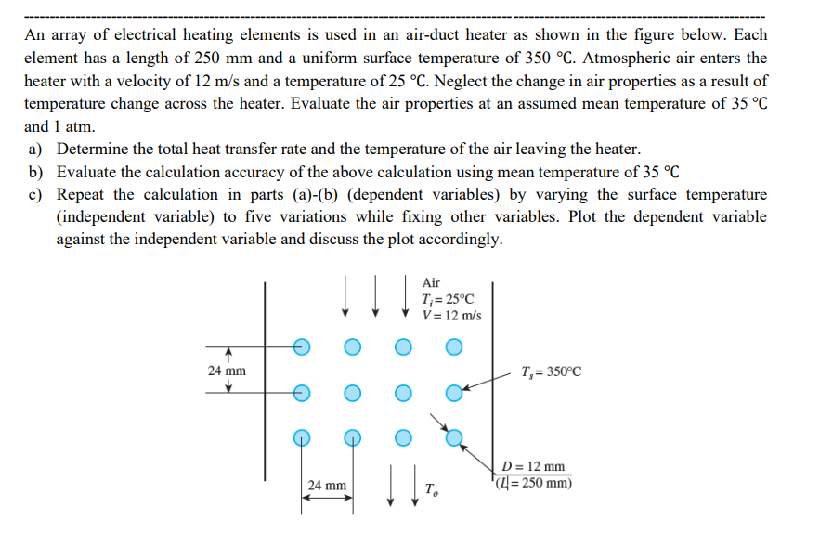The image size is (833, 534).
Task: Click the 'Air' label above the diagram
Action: pyautogui.click(x=431, y=282)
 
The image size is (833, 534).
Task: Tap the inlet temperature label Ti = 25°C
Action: pyautogui.click(x=448, y=299)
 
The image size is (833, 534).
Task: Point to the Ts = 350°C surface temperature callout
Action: pyautogui.click(x=553, y=372)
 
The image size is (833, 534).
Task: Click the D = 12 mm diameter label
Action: pyautogui.click(x=532, y=466)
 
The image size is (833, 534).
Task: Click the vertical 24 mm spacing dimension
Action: pyautogui.click(x=227, y=371)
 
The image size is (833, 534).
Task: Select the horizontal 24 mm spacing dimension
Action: pyautogui.click(x=327, y=485)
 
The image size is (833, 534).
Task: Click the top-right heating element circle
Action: pyautogui.click(x=453, y=347)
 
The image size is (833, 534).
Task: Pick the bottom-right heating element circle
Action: pyautogui.click(x=453, y=436)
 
